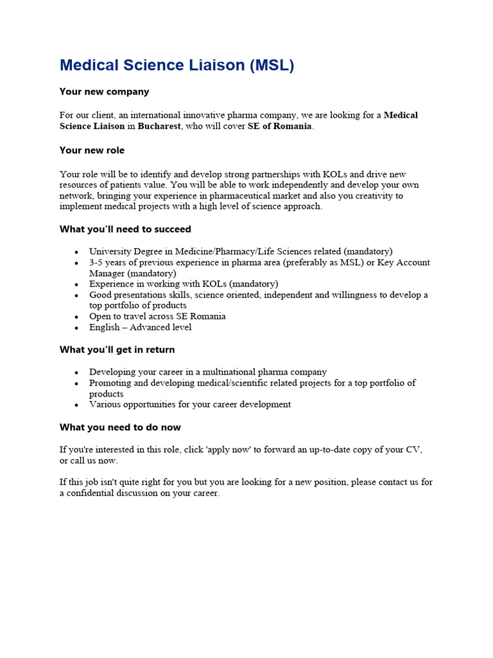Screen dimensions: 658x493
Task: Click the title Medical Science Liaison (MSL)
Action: click(177, 65)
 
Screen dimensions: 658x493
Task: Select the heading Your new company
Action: click(104, 91)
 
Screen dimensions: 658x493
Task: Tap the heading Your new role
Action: click(92, 150)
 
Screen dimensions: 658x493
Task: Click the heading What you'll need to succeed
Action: click(125, 229)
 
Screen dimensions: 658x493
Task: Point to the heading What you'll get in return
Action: click(117, 350)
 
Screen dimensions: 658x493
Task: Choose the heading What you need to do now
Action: click(120, 427)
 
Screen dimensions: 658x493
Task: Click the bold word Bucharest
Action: click(159, 126)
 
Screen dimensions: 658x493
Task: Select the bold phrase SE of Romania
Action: click(280, 126)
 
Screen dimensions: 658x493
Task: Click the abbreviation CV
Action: click(413, 450)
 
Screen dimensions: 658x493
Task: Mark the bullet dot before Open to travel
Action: click(77, 317)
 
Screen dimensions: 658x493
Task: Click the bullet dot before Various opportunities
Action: click(77, 405)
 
